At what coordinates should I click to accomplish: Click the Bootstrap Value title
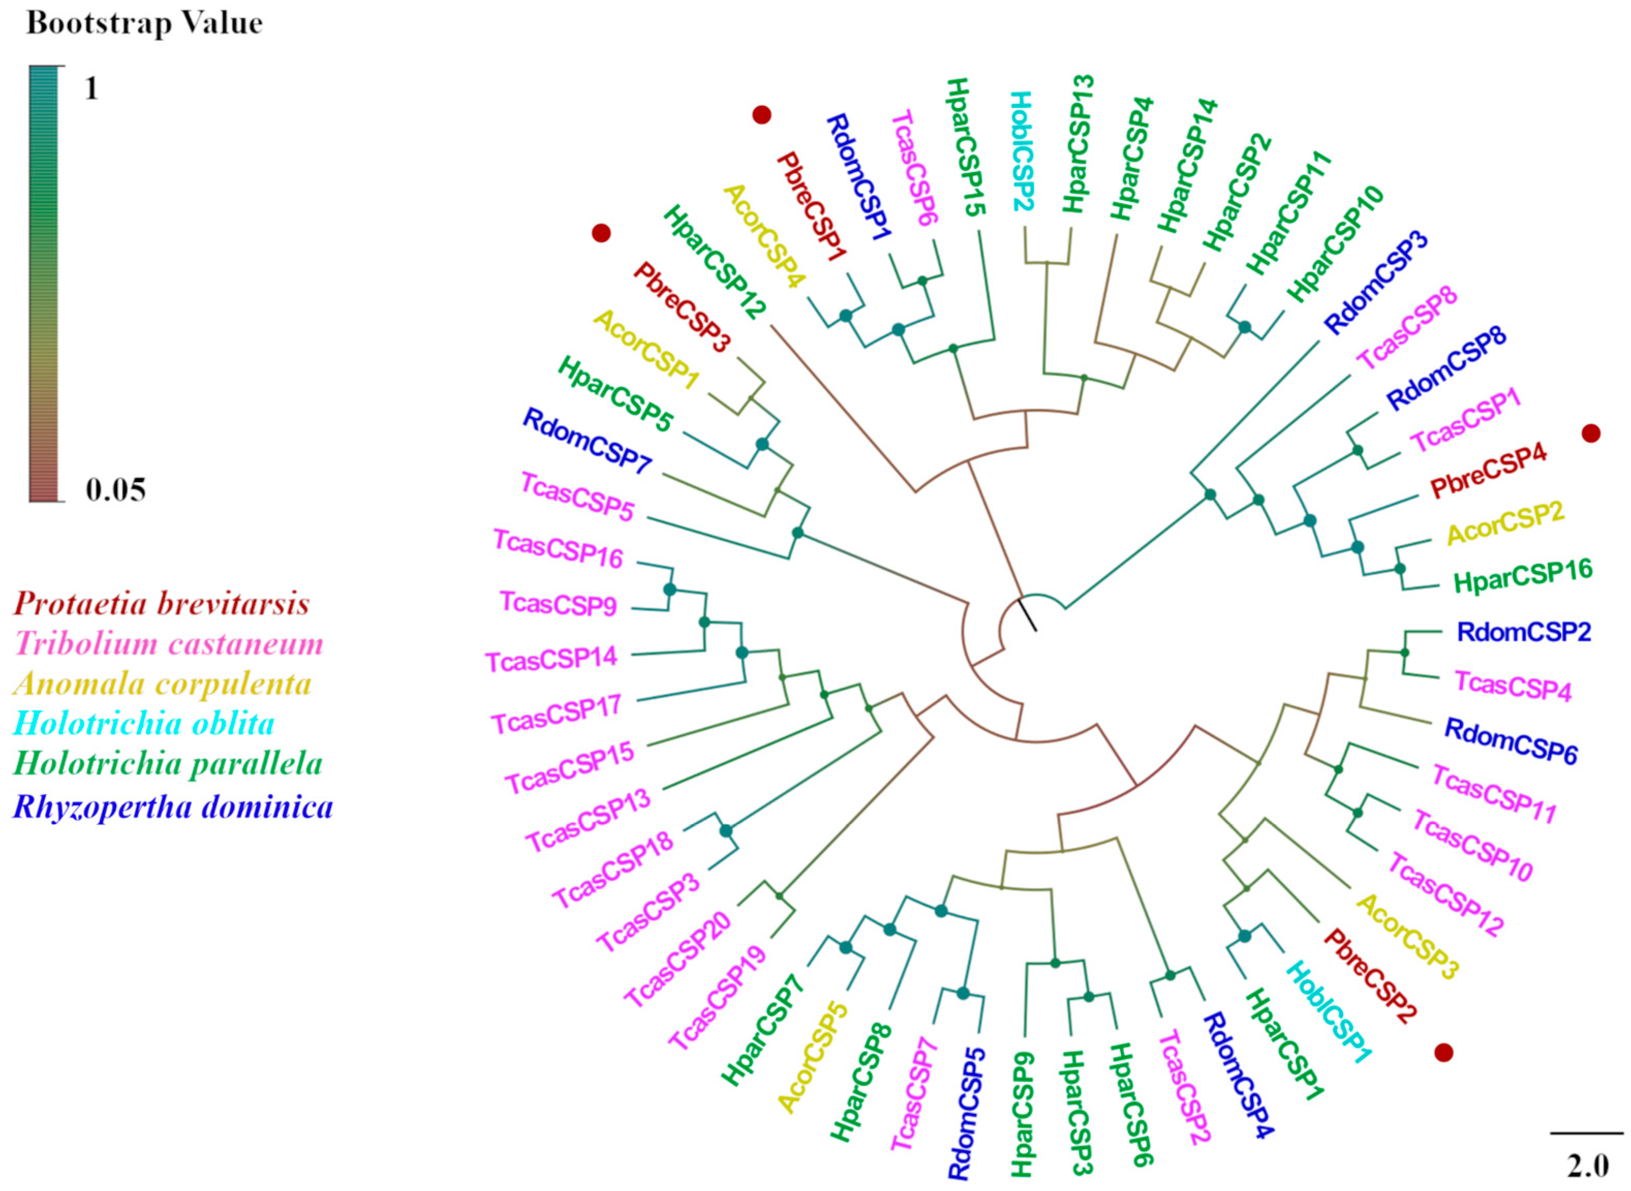coord(144,24)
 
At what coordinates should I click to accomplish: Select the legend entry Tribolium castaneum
coord(168,644)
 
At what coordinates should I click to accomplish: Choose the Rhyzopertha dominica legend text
coord(173,807)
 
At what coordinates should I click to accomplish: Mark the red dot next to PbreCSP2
coord(1443,1053)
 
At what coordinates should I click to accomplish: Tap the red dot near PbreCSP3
coord(601,233)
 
